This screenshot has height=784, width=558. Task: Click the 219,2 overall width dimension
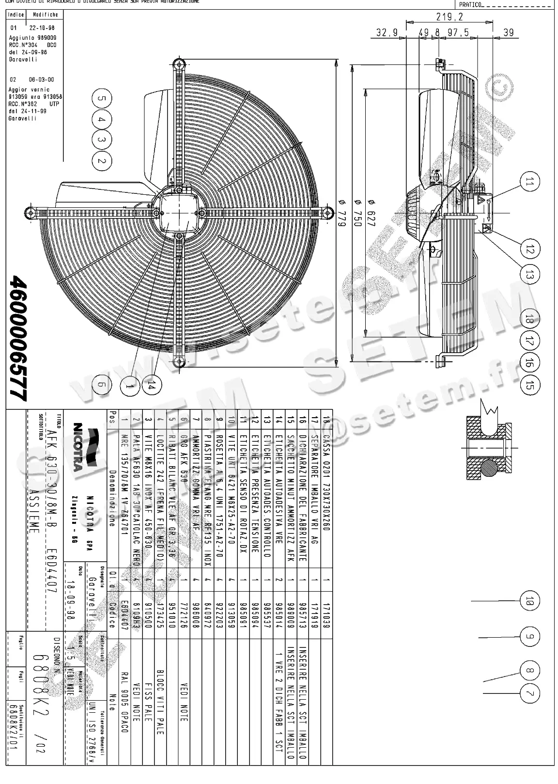pos(449,17)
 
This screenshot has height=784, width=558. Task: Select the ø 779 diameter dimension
pos(342,213)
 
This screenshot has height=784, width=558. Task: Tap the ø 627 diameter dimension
pos(372,213)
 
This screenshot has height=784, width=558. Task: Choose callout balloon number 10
pos(529,601)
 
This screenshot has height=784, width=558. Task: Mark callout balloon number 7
pos(529,693)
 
